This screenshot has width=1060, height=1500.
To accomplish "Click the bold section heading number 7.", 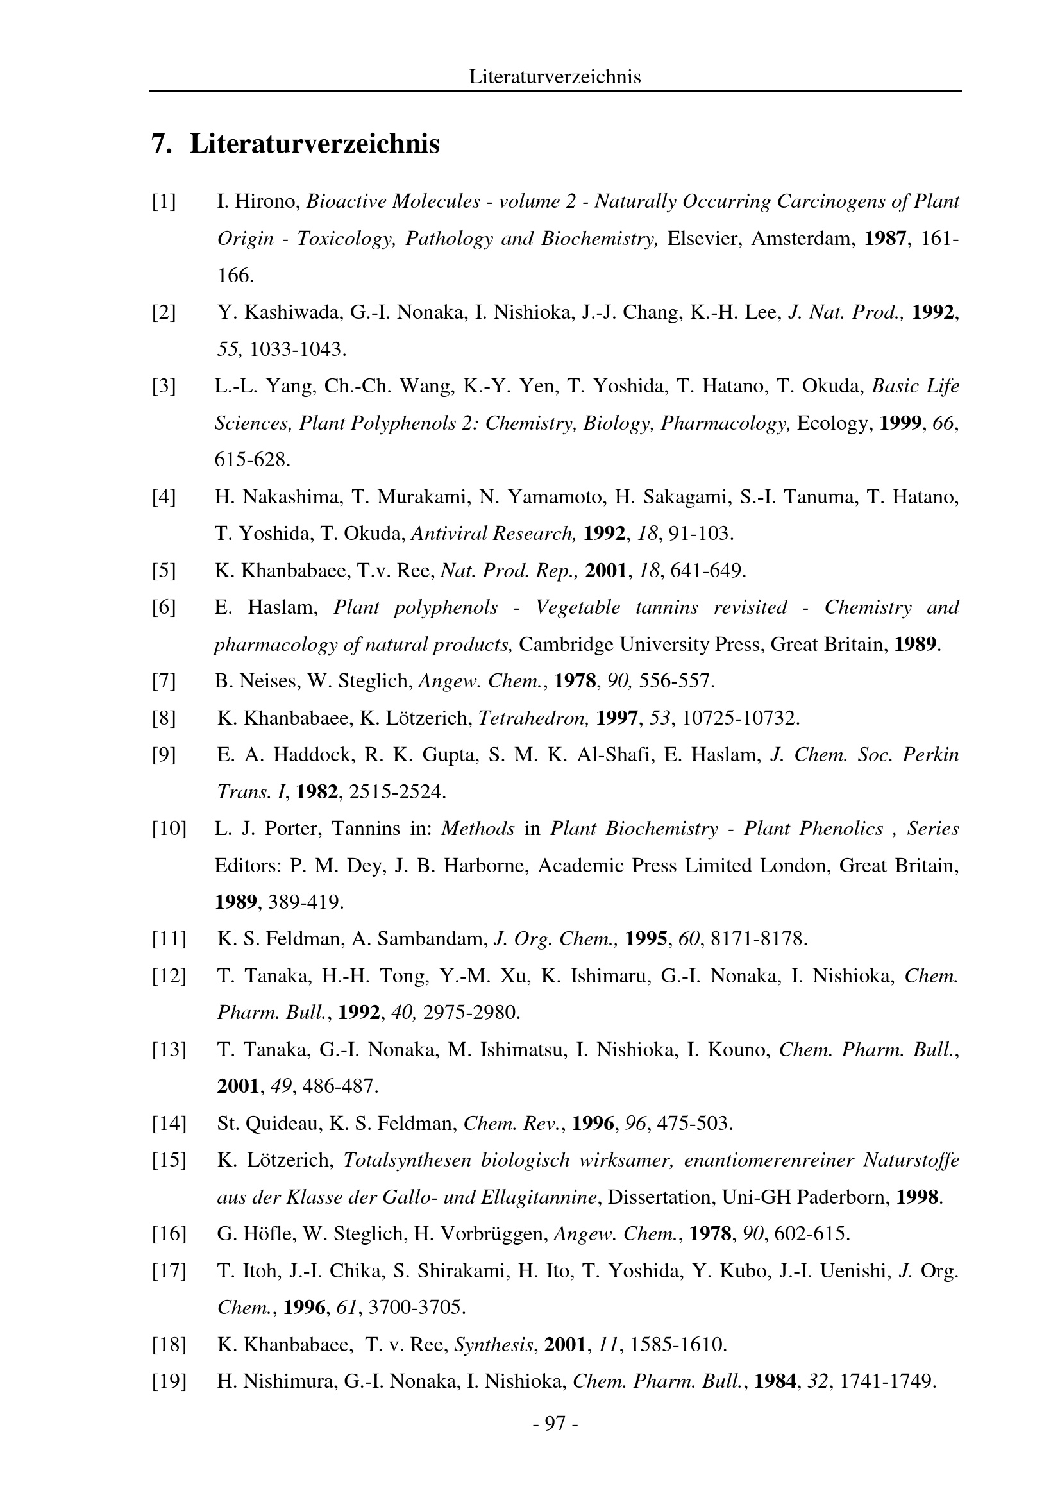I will (162, 144).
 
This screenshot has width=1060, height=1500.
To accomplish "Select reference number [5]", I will (164, 571).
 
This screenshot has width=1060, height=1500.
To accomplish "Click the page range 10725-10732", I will (741, 719).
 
